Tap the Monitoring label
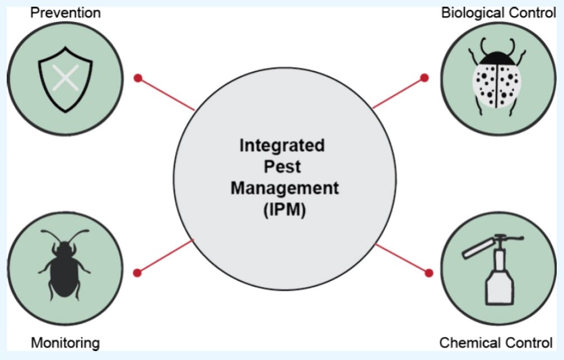pyautogui.click(x=66, y=342)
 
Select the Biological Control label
pyautogui.click(x=498, y=13)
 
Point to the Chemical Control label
pyautogui.click(x=496, y=342)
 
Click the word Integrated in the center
pyautogui.click(x=282, y=146)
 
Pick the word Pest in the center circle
pyautogui.click(x=282, y=167)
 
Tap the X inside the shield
pyautogui.click(x=66, y=79)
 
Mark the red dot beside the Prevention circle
pyautogui.click(x=138, y=78)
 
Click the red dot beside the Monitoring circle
pyautogui.click(x=137, y=273)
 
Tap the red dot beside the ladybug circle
pyautogui.click(x=425, y=77)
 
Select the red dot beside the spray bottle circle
pyautogui.click(x=429, y=273)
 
